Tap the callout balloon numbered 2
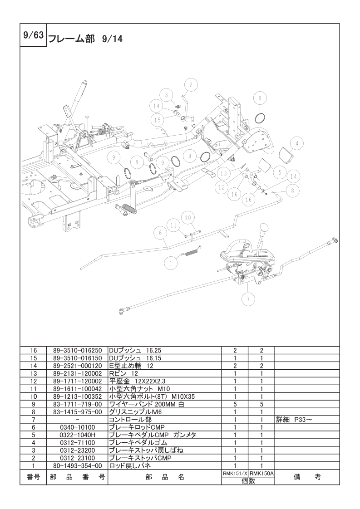point(191,85)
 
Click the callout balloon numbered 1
point(171,262)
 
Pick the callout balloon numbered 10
point(188,217)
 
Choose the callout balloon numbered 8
point(292,191)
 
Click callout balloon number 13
point(224,173)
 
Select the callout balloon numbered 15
point(157,120)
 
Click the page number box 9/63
point(33,35)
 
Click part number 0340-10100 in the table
point(77,427)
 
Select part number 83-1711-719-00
point(77,404)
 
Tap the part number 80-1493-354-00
point(77,466)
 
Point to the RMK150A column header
point(261,473)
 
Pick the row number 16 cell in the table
point(33,351)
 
